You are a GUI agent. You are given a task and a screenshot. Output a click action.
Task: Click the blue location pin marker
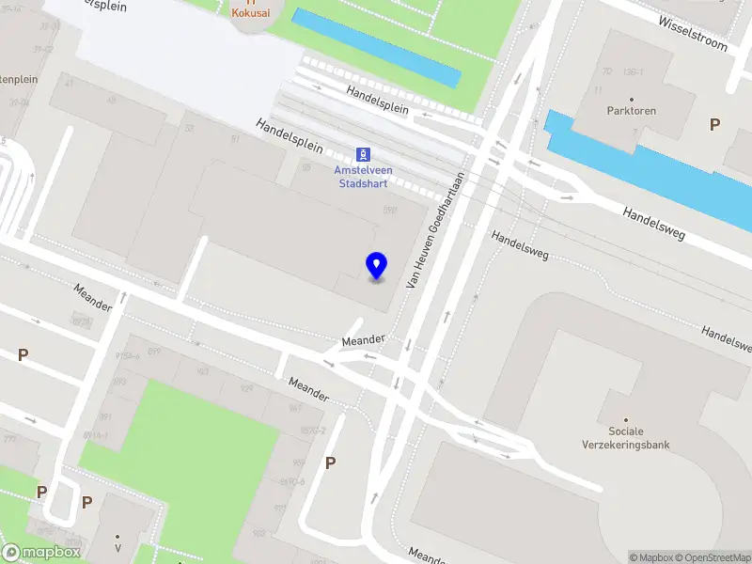(377, 266)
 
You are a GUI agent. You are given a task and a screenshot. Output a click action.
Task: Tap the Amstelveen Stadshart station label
(364, 177)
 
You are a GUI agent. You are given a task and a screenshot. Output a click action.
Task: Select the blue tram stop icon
(363, 154)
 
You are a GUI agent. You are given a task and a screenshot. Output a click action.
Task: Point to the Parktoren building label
(632, 111)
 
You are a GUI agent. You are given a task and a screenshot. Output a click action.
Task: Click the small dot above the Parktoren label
(632, 99)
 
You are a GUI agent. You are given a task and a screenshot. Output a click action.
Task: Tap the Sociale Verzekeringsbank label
(626, 438)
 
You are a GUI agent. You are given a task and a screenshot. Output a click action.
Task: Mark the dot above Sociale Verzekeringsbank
(626, 419)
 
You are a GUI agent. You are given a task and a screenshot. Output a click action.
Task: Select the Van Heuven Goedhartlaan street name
(435, 228)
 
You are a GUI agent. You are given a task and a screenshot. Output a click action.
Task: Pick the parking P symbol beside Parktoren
(714, 124)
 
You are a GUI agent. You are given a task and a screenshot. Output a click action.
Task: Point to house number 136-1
(634, 72)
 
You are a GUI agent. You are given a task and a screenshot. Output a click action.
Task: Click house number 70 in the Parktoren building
(607, 71)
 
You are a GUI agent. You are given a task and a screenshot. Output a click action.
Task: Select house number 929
(247, 388)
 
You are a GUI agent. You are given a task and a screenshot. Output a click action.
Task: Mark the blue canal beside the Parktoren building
(649, 169)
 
